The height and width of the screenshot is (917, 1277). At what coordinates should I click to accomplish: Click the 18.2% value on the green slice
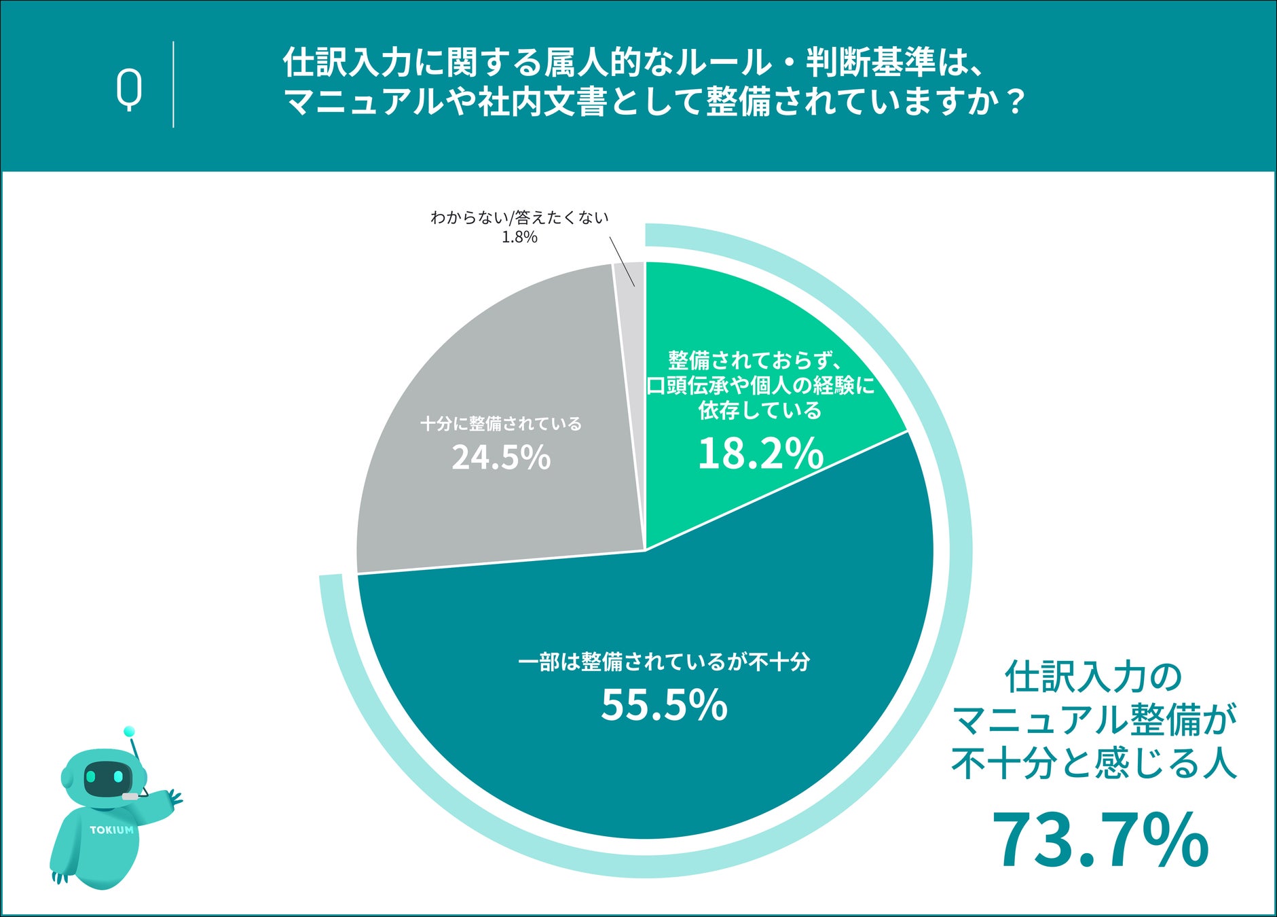click(760, 453)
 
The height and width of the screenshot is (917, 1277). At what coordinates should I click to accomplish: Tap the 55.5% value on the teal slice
click(664, 704)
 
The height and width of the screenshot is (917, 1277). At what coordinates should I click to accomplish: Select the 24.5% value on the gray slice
click(501, 457)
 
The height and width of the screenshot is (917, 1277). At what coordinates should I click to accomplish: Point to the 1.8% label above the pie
click(519, 237)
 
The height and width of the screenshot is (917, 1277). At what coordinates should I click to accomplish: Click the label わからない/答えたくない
click(519, 217)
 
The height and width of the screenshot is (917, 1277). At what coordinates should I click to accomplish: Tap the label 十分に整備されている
click(501, 424)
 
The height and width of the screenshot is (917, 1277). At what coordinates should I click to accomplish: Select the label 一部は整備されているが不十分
click(664, 662)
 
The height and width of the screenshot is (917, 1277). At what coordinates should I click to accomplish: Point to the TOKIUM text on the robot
click(112, 829)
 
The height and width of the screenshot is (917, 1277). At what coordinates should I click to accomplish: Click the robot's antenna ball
click(129, 732)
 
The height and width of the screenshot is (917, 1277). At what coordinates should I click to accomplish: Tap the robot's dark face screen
click(105, 778)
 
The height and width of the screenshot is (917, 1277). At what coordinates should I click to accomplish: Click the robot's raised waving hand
click(174, 797)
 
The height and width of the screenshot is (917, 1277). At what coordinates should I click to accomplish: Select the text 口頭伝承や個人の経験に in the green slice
click(760, 386)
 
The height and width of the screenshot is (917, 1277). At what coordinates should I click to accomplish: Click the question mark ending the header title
click(1015, 102)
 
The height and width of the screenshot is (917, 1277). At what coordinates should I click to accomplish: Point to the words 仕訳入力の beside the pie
click(1094, 677)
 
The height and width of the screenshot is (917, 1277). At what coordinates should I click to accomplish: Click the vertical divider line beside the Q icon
click(173, 84)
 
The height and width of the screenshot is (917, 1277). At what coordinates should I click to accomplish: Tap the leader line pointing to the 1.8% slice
click(623, 262)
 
